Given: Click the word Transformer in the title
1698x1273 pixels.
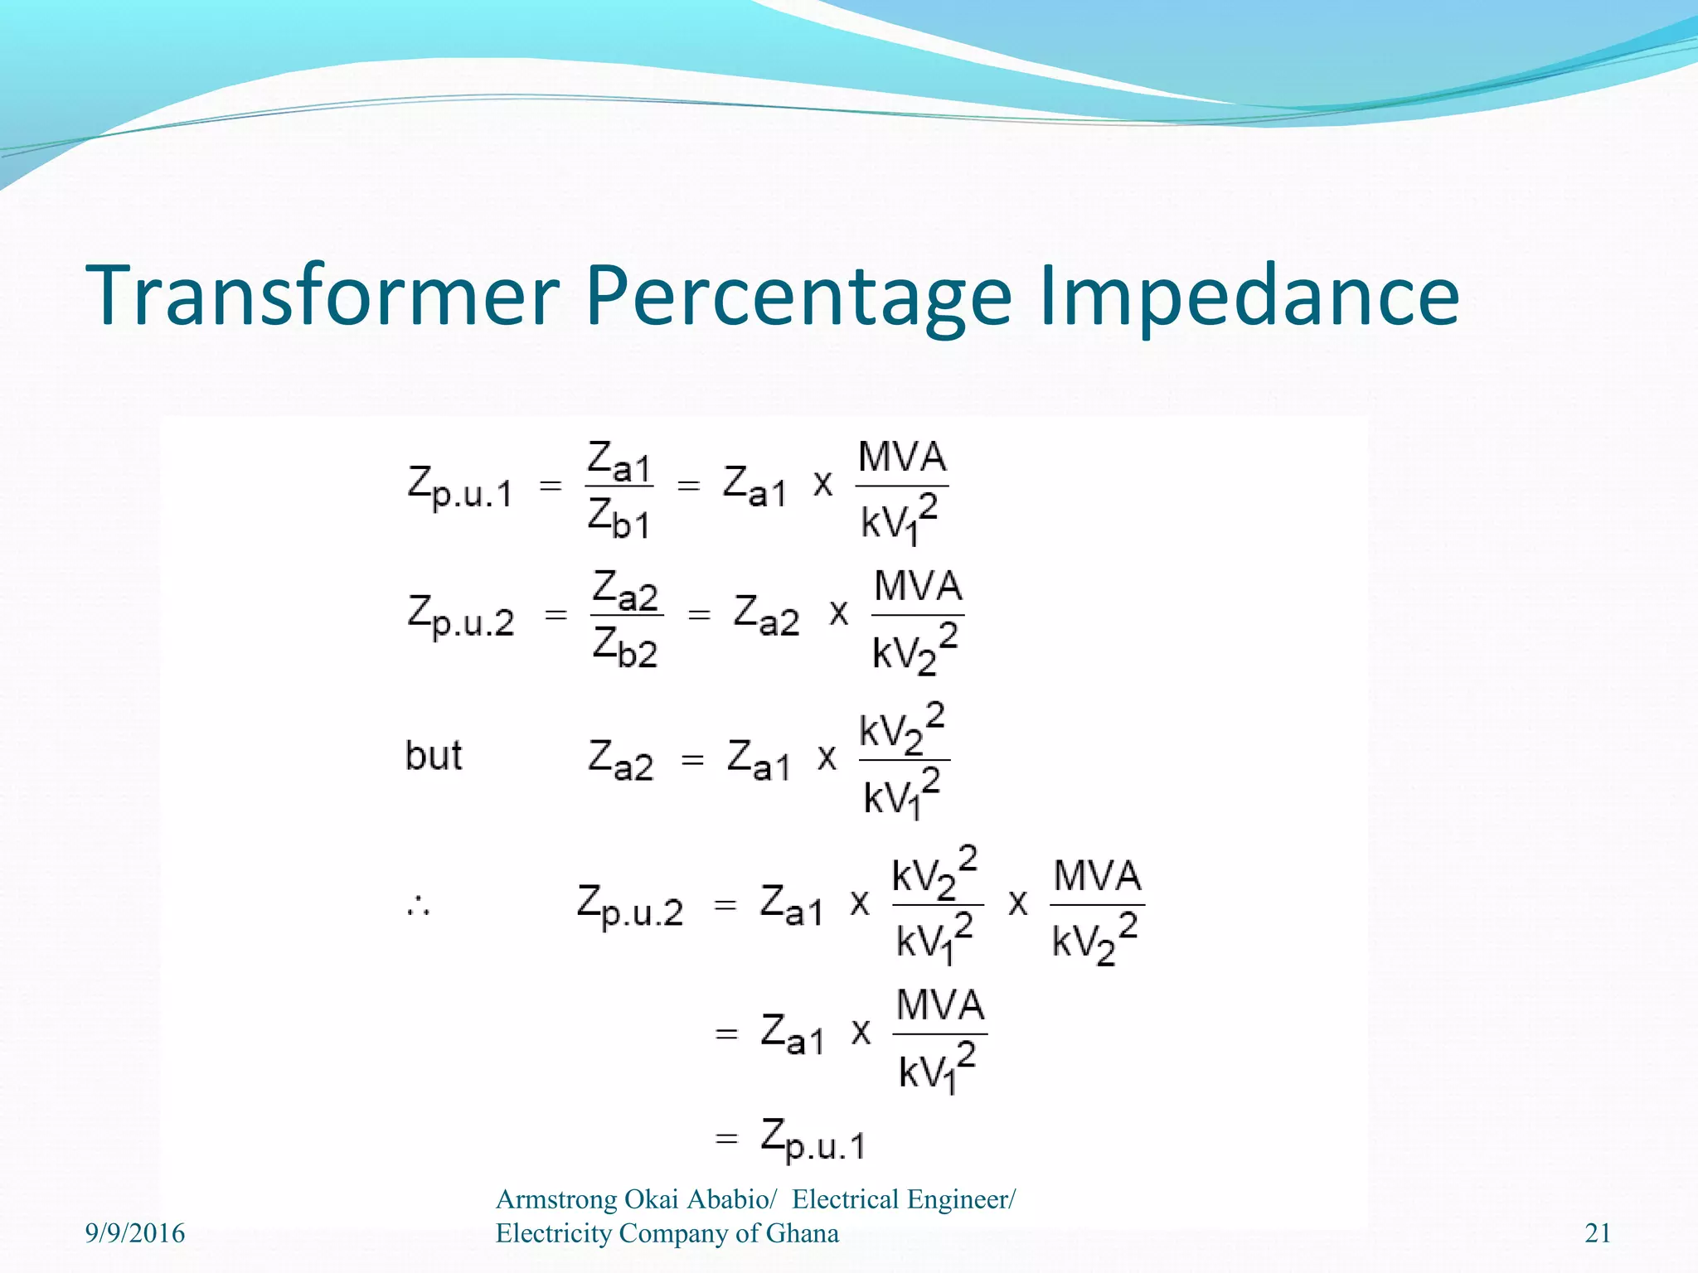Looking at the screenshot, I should coord(323,296).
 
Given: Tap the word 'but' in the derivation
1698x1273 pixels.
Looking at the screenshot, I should coord(433,756).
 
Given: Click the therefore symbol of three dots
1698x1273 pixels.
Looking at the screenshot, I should coord(418,906).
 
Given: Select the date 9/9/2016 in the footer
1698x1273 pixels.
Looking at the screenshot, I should coord(135,1233).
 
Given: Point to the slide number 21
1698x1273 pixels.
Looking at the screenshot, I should coord(1598,1233).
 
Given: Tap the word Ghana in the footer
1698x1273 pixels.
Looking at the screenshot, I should coord(802,1233).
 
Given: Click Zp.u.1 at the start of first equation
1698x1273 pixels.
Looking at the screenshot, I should coord(460,486).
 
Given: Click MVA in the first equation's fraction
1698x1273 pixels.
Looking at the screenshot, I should coord(902,457).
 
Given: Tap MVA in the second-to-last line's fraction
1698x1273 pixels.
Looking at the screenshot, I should coord(940,1005).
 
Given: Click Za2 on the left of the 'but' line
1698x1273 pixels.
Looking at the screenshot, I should coord(620,759).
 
